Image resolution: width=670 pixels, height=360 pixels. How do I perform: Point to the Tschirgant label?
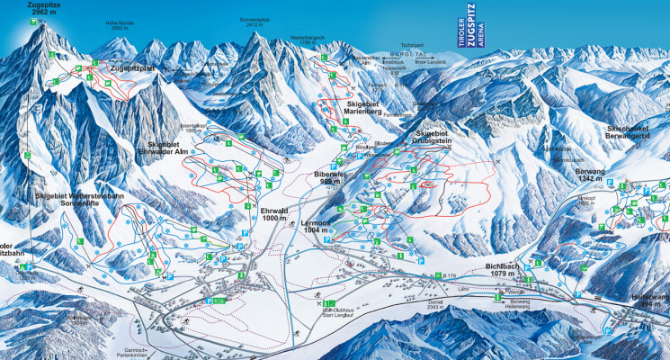pos(413,43)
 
